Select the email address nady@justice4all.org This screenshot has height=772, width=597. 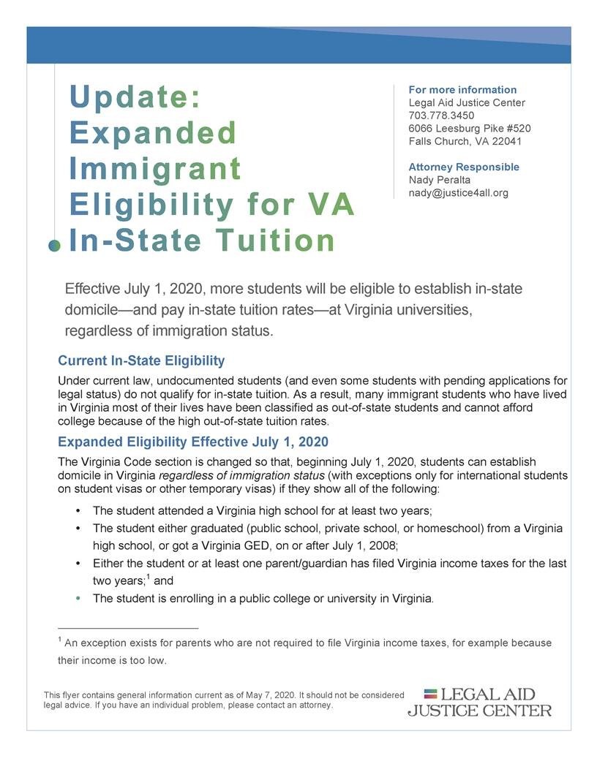point(458,192)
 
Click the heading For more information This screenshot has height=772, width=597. point(462,90)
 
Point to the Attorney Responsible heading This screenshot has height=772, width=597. point(464,167)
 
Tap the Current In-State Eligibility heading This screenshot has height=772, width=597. point(141,361)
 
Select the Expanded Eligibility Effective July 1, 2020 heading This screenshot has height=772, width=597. point(193,442)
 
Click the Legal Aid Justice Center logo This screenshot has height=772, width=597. point(480,702)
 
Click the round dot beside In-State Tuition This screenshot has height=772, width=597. point(54,246)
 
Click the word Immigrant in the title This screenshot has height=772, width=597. point(155,169)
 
